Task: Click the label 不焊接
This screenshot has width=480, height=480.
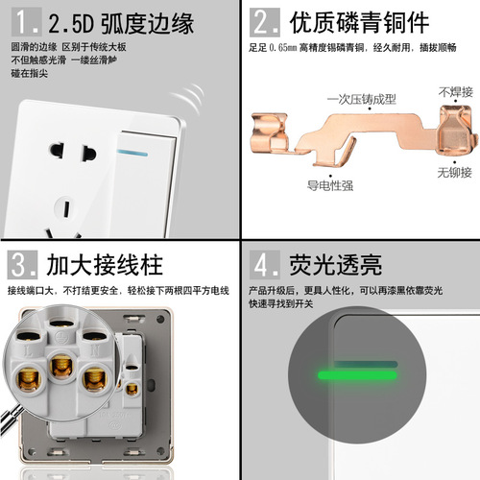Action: (456, 92)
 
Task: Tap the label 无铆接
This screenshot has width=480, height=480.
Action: (454, 173)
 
